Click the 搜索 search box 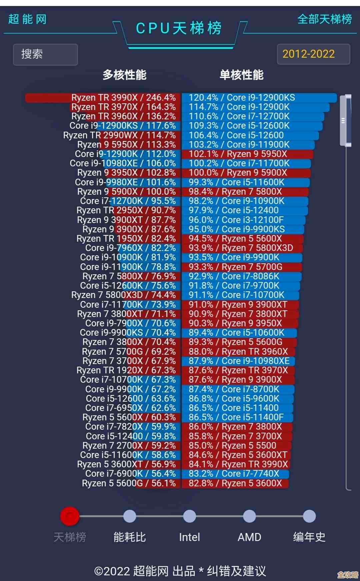click(x=45, y=54)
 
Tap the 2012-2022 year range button click(x=313, y=54)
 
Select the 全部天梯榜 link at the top click(x=324, y=19)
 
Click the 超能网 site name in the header click(x=27, y=19)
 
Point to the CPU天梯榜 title click(x=179, y=28)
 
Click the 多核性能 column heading click(x=124, y=75)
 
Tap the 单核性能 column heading click(x=241, y=75)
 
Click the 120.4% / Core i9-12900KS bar click(x=259, y=98)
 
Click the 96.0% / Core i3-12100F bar click(x=243, y=220)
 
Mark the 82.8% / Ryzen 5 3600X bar click(x=235, y=483)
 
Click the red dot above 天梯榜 click(x=70, y=516)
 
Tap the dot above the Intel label click(x=189, y=516)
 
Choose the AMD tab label click(x=249, y=537)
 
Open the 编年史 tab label click(x=309, y=537)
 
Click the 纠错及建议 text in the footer click(x=236, y=571)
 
